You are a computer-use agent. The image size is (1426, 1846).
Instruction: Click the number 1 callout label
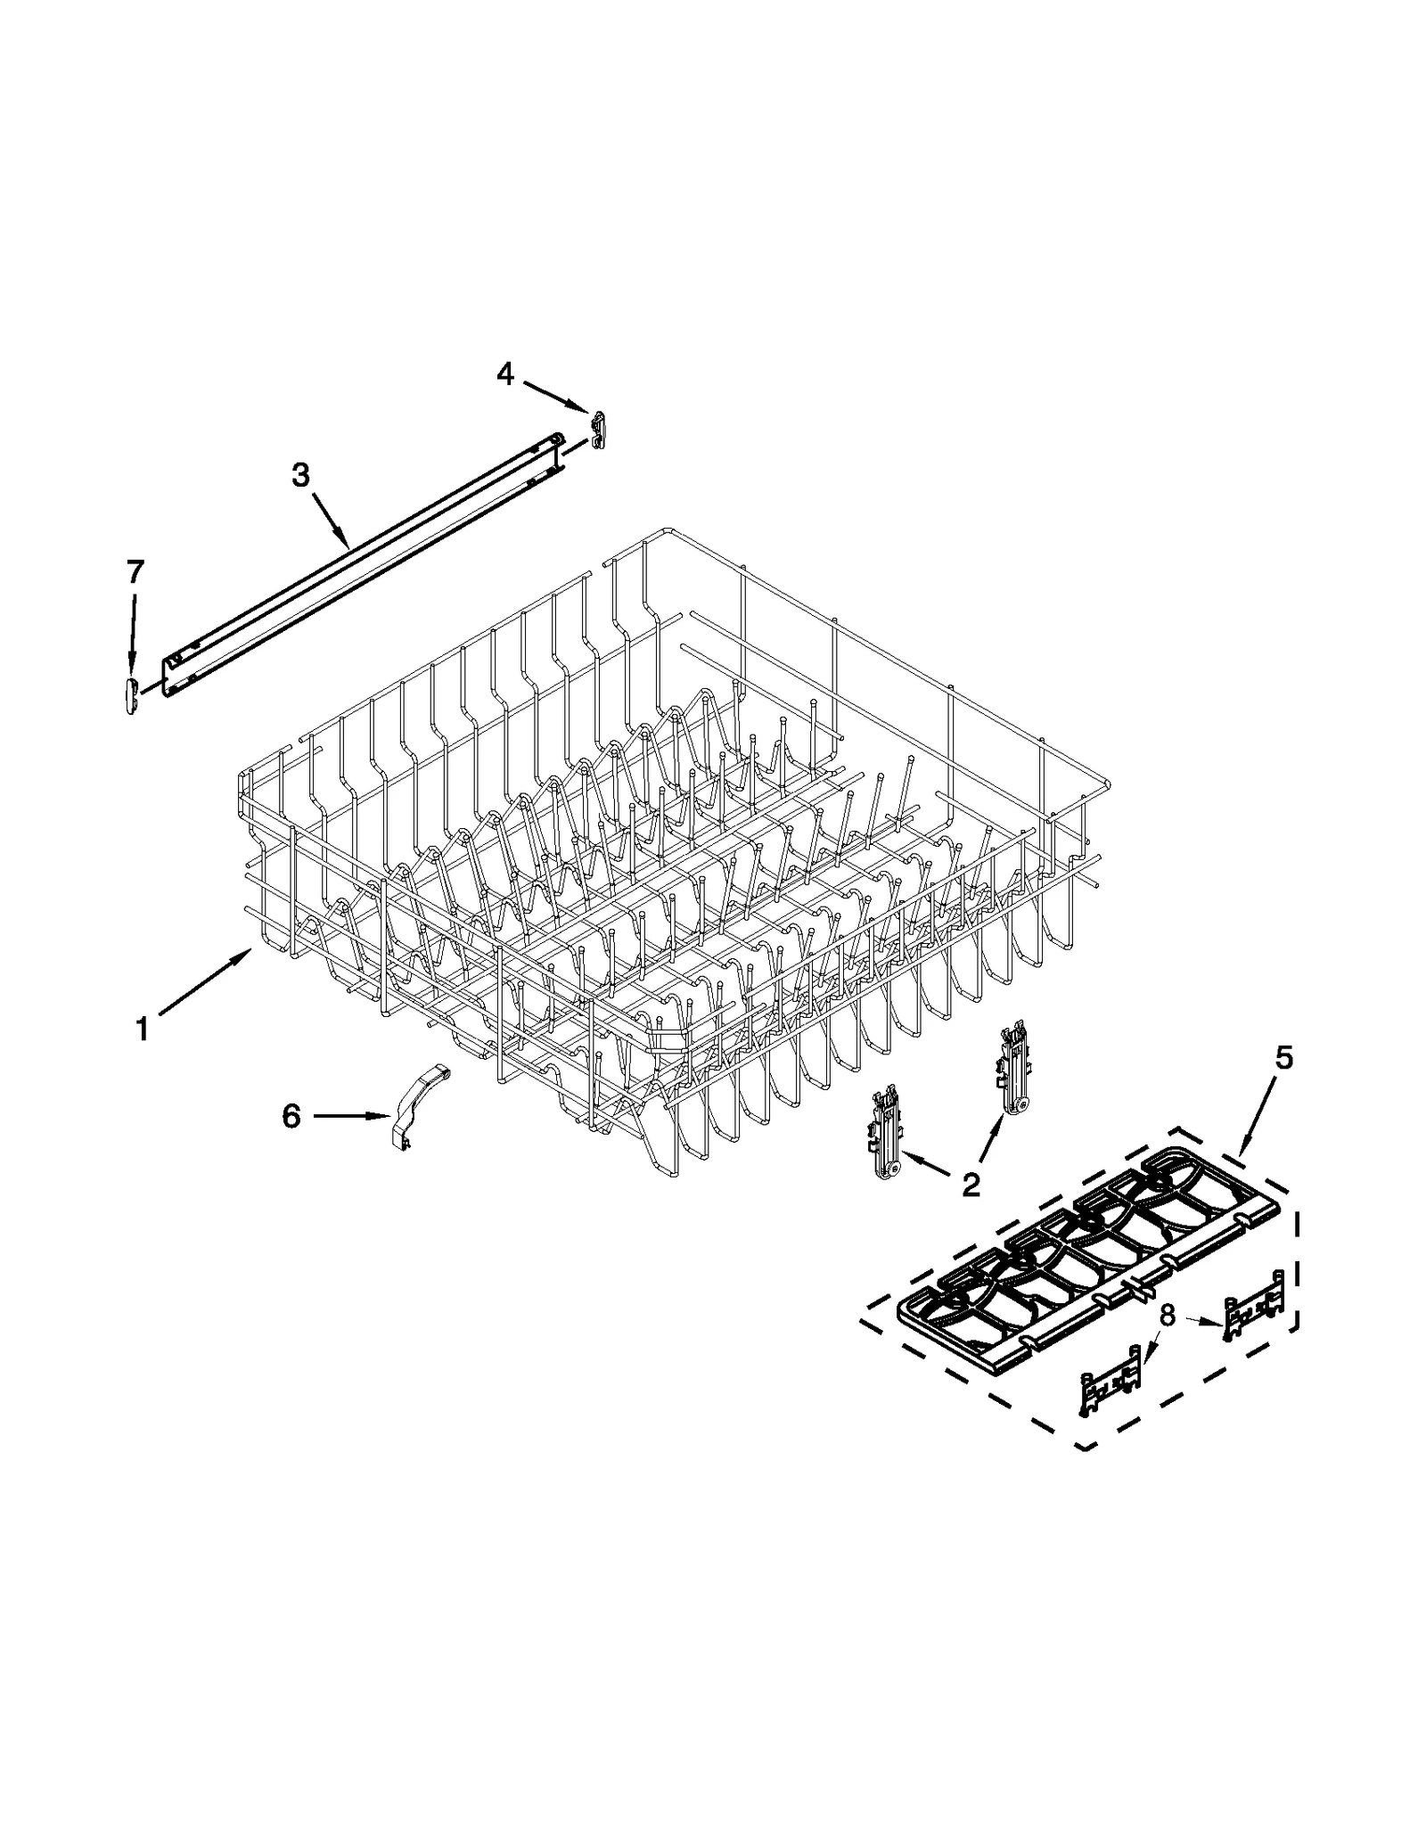[142, 1030]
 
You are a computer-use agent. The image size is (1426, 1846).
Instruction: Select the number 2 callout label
[971, 1184]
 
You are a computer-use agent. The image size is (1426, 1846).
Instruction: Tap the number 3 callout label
[301, 475]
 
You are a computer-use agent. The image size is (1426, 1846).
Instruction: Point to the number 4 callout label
[505, 374]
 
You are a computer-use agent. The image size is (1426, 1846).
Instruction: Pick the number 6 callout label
[291, 1116]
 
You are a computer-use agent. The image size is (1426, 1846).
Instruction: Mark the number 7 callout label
[135, 572]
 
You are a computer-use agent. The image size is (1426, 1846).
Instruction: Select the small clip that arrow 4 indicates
[600, 426]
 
